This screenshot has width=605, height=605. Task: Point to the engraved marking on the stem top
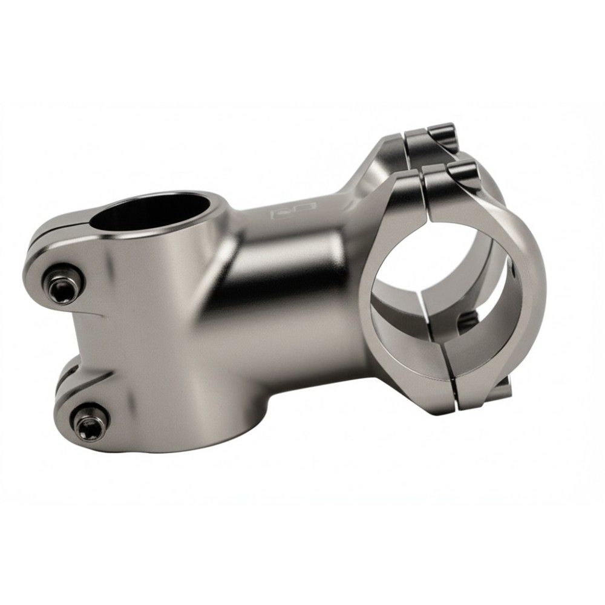click(293, 209)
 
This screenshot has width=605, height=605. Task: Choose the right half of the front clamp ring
click(520, 302)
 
